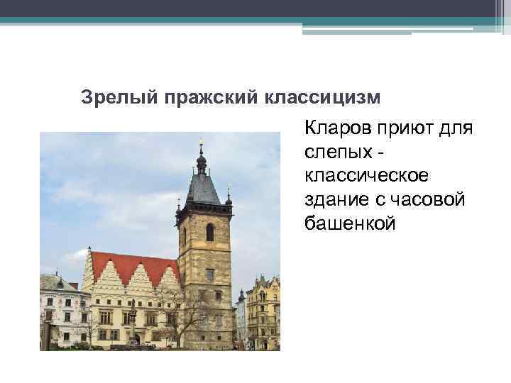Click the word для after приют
[x=457, y=129]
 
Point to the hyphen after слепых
[x=382, y=152]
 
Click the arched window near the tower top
[x=210, y=232]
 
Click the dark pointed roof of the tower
[x=202, y=188]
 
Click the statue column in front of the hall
[x=133, y=323]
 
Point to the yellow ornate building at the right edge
[x=263, y=312]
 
